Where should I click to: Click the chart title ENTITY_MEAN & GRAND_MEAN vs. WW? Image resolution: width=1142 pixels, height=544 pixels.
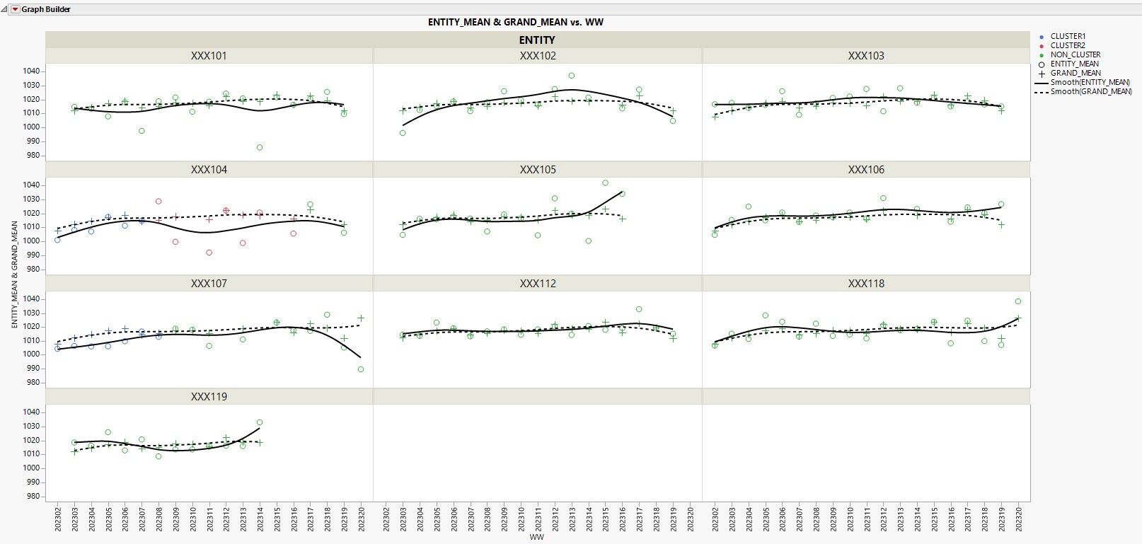(x=515, y=22)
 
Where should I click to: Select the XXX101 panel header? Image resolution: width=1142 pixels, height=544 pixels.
(x=209, y=56)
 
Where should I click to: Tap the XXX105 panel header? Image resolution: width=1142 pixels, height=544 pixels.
(x=538, y=170)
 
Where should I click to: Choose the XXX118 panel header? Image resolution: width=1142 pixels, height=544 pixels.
(x=866, y=284)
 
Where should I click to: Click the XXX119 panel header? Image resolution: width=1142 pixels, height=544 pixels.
(x=209, y=397)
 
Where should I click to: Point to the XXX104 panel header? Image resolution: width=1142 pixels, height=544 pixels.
(x=209, y=170)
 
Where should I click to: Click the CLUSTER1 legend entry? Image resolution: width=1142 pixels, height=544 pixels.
(x=1067, y=36)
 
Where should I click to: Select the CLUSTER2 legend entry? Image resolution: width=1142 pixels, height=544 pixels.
(x=1067, y=45)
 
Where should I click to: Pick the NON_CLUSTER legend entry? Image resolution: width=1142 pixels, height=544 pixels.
(x=1075, y=54)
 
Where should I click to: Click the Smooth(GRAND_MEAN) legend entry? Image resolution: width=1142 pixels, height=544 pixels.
(x=1090, y=91)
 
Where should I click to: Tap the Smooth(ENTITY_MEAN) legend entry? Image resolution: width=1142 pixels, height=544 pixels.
(x=1090, y=82)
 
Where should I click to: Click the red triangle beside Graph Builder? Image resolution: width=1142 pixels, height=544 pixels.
(x=16, y=9)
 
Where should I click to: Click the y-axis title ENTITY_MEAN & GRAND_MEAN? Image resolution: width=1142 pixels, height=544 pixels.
(x=15, y=274)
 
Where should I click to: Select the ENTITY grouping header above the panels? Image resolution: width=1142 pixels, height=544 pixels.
(x=537, y=40)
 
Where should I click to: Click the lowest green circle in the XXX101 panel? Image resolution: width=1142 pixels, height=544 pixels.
(x=260, y=147)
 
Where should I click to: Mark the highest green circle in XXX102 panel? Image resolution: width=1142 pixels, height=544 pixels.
(x=572, y=76)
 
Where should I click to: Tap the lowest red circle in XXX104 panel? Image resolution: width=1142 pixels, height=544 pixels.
(x=209, y=253)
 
